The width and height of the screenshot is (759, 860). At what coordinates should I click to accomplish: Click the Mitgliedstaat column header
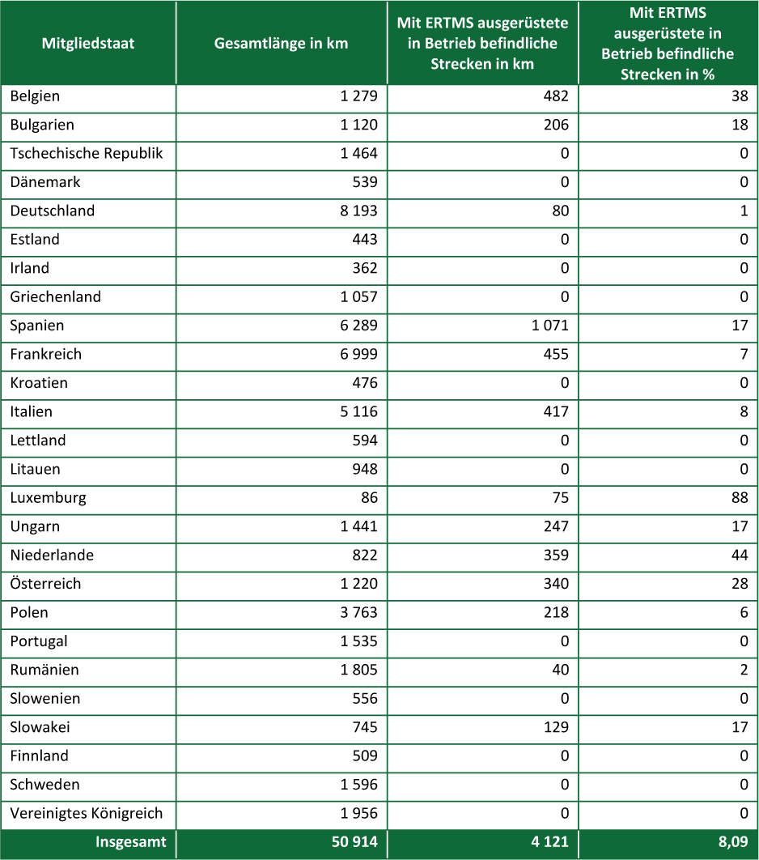point(87,43)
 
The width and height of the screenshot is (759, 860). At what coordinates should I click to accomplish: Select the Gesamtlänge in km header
point(281,43)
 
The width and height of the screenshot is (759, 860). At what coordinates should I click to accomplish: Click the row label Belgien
point(35,96)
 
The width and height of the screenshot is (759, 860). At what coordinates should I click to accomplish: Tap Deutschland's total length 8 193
point(358,211)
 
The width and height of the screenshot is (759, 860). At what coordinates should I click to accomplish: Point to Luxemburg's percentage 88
point(740,498)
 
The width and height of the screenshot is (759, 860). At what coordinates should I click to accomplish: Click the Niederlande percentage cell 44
point(740,556)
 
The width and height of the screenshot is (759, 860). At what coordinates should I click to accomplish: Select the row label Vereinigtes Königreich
point(87,813)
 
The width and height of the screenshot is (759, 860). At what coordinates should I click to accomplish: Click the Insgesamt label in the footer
point(130,842)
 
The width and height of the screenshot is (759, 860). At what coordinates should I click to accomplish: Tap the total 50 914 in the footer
point(354,842)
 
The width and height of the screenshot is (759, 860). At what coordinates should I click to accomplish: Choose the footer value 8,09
point(732,842)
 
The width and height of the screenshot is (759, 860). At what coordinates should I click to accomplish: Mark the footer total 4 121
point(549,842)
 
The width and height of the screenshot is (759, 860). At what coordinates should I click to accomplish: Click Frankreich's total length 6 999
point(358,355)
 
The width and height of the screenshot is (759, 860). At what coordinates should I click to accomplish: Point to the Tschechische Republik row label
point(87,154)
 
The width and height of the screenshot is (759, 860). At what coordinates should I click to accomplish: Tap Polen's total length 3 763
point(358,613)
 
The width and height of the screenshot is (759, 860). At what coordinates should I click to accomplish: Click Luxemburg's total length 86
point(369,498)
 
